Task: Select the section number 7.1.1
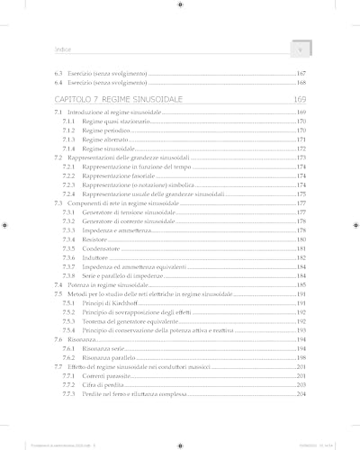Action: [x=68, y=120]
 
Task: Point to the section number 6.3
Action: [x=58, y=72]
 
